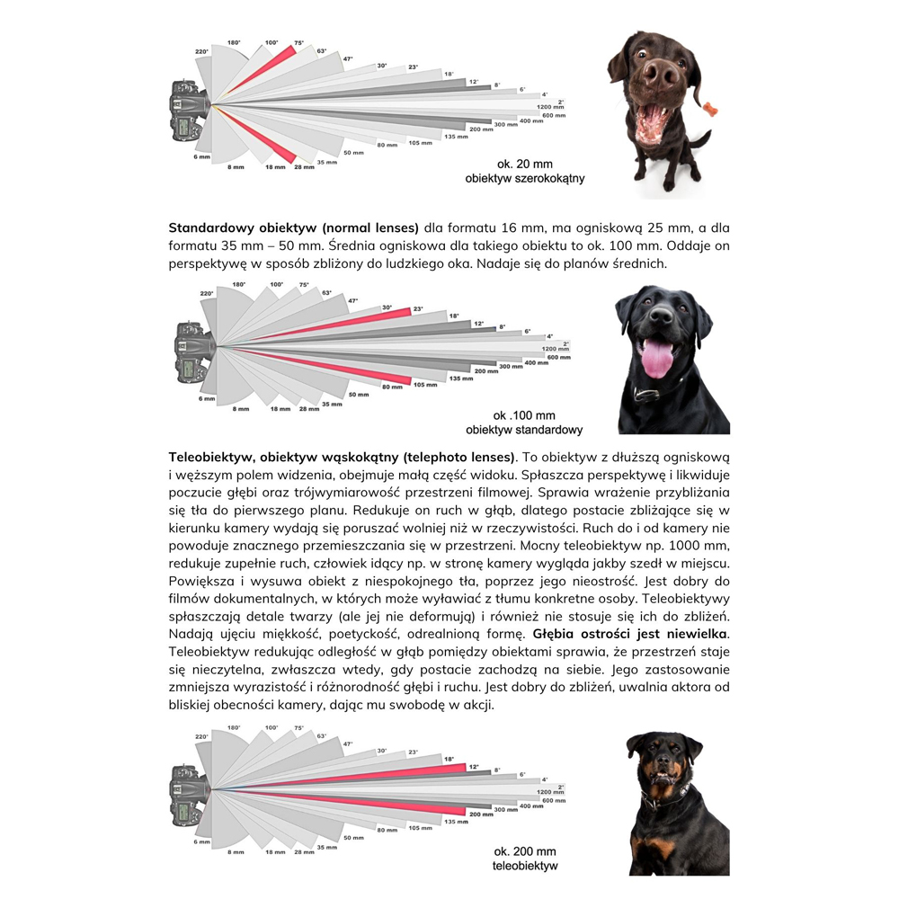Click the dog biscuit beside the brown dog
tap(710, 109)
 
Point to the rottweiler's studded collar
tap(665, 796)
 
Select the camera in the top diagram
tap(189, 111)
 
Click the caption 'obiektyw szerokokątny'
tap(525, 178)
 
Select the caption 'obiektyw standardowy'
tap(524, 430)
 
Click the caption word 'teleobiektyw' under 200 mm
tap(525, 866)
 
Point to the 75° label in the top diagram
tap(298, 43)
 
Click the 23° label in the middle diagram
tap(418, 309)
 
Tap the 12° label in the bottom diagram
tap(474, 767)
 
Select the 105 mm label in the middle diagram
tap(425, 385)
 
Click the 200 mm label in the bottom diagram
tap(481, 814)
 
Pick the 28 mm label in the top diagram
tap(304, 167)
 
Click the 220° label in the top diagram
tap(201, 51)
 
